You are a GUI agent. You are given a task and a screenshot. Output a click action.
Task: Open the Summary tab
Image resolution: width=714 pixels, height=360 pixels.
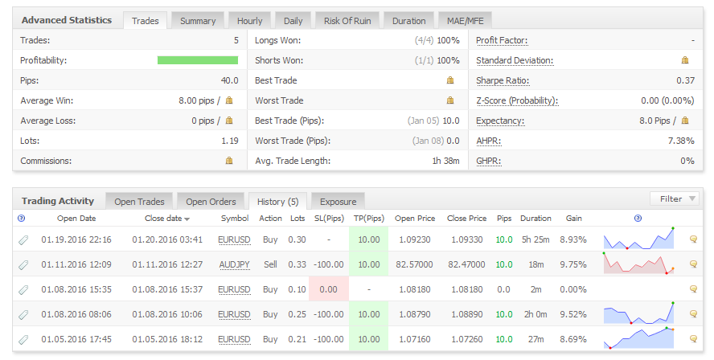click(198, 20)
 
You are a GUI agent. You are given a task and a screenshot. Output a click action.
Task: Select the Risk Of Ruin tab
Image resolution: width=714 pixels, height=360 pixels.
click(347, 20)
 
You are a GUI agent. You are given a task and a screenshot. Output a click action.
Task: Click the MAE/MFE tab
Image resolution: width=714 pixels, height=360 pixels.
click(466, 20)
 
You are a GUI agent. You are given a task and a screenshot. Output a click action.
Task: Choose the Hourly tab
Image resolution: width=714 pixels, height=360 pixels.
click(250, 20)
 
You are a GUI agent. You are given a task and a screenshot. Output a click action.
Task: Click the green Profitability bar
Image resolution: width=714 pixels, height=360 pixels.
click(198, 60)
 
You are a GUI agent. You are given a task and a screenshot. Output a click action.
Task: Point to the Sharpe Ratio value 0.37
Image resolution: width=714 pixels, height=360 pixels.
click(685, 80)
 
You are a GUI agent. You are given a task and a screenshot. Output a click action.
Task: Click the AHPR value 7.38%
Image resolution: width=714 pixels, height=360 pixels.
click(681, 141)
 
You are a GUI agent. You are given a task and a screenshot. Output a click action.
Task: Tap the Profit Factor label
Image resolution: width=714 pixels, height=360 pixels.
click(502, 40)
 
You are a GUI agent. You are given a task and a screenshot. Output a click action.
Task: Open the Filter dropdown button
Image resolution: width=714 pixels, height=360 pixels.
click(674, 198)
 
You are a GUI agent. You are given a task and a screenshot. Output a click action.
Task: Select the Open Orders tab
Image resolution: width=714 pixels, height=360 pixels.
click(211, 201)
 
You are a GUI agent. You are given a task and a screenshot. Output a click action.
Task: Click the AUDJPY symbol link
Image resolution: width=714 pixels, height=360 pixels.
click(235, 264)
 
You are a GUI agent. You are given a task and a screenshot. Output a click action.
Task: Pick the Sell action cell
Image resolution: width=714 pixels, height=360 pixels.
click(271, 264)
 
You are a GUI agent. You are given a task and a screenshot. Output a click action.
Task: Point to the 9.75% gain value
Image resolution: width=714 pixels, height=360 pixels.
click(573, 264)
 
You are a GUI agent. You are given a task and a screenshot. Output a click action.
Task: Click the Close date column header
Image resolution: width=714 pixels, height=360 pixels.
click(167, 218)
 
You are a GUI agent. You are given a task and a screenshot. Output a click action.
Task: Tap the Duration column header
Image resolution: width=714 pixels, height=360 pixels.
click(535, 218)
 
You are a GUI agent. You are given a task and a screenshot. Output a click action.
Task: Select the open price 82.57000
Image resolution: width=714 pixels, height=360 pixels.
click(416, 264)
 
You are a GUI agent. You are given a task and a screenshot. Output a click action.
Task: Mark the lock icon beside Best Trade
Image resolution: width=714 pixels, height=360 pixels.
click(450, 80)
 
